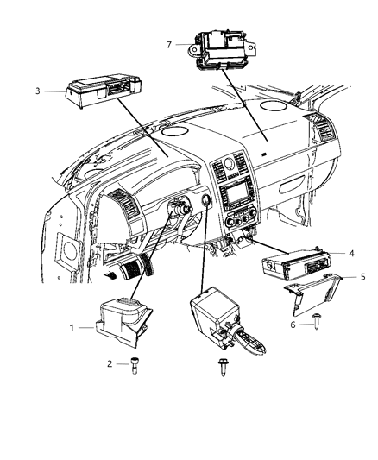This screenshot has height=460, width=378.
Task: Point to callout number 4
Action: coord(351,253)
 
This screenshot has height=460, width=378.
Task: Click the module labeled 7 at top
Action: coord(222,49)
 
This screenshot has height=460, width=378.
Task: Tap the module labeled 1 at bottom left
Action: coord(123,324)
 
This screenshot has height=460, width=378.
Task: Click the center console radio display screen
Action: coord(236,194)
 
